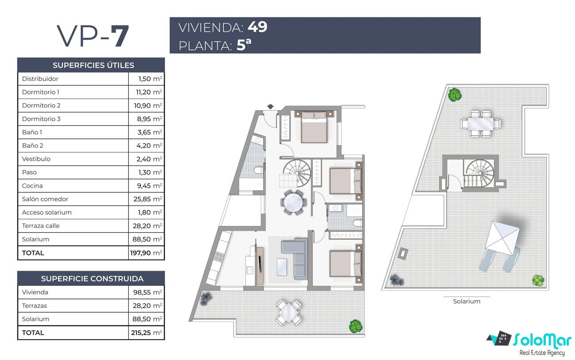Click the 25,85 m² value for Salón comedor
[x=148, y=199]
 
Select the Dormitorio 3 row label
[x=41, y=119]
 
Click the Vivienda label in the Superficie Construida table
[x=35, y=292]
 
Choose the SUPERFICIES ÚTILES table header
[x=93, y=65]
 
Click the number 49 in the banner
[x=257, y=27]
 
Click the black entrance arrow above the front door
[x=270, y=107]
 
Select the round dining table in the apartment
[x=293, y=202]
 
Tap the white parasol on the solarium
[x=502, y=238]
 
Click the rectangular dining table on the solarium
[x=480, y=124]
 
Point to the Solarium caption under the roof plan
[x=467, y=301]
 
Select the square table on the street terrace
[x=289, y=313]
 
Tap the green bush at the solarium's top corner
[x=455, y=95]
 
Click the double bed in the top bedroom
[x=314, y=127]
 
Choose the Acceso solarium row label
[x=47, y=212]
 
